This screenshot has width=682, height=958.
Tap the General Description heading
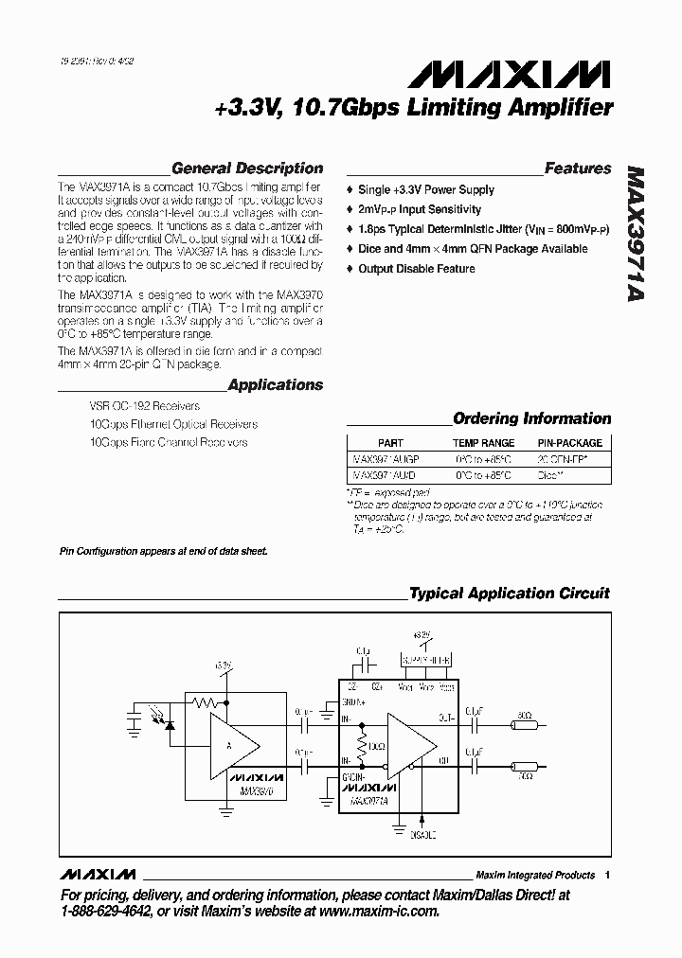tap(247, 169)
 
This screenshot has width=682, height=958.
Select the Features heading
tap(578, 169)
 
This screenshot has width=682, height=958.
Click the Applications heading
tap(276, 385)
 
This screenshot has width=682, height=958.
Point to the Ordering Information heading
tap(531, 418)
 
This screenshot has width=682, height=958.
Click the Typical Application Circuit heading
tap(509, 594)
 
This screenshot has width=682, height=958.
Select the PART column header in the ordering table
tap(390, 443)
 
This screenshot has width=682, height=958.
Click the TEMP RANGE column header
tap(483, 443)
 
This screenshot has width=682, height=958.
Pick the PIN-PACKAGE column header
tap(569, 443)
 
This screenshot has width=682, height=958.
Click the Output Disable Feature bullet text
tap(417, 269)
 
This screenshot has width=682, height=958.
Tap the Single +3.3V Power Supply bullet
tap(426, 190)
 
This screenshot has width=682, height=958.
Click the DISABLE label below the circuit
tap(422, 835)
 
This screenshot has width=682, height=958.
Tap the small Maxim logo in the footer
tap(98, 874)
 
